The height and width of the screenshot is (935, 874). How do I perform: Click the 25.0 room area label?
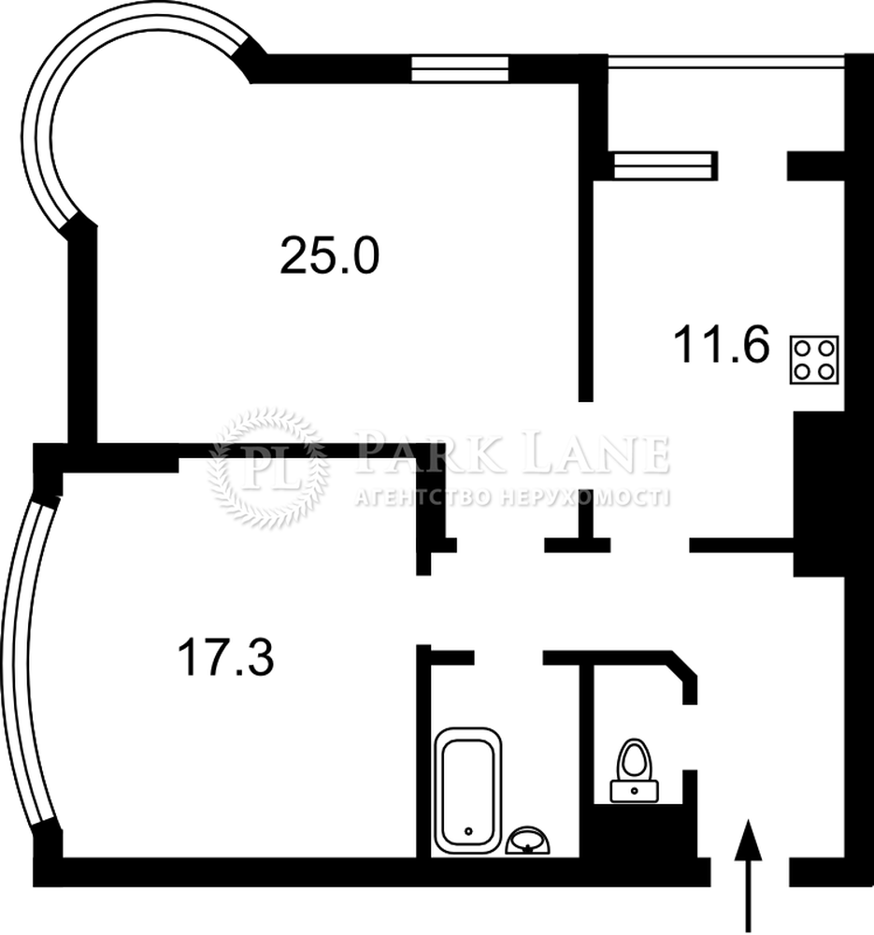pyautogui.click(x=329, y=256)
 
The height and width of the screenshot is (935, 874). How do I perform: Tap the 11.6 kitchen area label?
pyautogui.click(x=722, y=344)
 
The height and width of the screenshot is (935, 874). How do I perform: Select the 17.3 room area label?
pyautogui.click(x=226, y=656)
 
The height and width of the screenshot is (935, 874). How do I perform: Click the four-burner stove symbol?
pyautogui.click(x=814, y=360)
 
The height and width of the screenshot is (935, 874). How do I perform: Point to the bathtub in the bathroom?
pyautogui.click(x=468, y=790)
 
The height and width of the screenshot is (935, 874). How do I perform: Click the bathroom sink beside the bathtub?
pyautogui.click(x=527, y=841)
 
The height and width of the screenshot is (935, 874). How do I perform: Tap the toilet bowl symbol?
pyautogui.click(x=635, y=759)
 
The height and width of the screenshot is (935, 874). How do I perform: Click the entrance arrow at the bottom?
pyautogui.click(x=748, y=877)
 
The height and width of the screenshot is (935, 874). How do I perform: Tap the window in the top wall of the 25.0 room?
pyautogui.click(x=460, y=68)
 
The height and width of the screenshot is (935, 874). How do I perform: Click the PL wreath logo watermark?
pyautogui.click(x=268, y=468)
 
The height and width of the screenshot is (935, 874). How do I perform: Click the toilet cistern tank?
pyautogui.click(x=635, y=791)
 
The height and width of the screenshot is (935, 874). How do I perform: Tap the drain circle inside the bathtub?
pyautogui.click(x=468, y=830)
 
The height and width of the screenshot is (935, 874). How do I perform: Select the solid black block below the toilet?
pyautogui.click(x=645, y=830)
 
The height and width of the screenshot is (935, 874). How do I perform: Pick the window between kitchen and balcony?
pyautogui.click(x=664, y=165)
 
